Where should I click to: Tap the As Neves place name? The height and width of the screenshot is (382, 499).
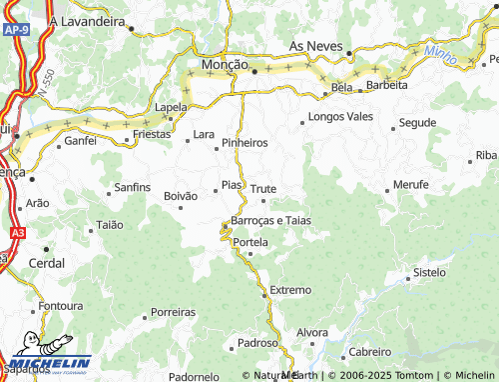click(315, 47)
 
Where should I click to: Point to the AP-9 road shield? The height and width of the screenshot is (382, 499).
click(15, 32)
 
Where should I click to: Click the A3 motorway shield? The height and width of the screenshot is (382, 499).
click(18, 232)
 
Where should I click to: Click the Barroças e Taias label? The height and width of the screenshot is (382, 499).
click(270, 219)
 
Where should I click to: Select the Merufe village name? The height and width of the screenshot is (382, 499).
click(411, 185)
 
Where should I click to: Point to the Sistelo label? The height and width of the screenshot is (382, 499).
click(429, 272)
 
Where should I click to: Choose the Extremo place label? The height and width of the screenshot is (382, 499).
click(290, 290)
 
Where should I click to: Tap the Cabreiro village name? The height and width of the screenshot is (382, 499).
click(370, 352)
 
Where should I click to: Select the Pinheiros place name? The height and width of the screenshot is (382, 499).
click(245, 143)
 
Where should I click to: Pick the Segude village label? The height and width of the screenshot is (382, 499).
click(417, 122)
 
